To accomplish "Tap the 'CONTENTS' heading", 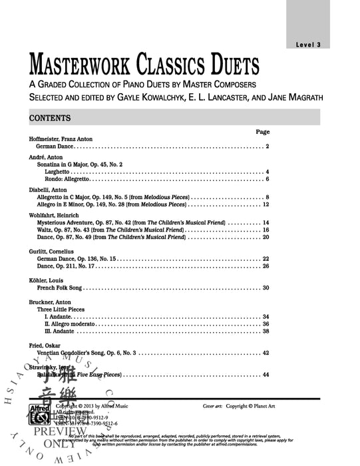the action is [50, 118].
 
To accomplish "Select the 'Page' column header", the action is [262, 132].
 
